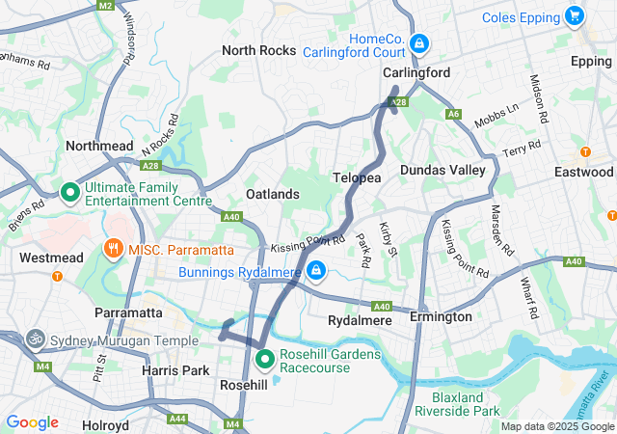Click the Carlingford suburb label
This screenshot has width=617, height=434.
point(416,72)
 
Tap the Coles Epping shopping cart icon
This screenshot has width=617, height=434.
point(576,16)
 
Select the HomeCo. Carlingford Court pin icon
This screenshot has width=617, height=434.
point(418,43)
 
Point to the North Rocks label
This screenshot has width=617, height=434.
point(258,50)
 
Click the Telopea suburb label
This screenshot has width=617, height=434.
point(357,178)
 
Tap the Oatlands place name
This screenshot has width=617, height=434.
point(273,194)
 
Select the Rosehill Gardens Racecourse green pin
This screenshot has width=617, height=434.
point(265,359)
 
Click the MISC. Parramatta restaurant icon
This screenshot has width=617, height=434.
point(114,250)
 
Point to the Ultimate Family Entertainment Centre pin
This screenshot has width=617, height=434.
point(69,193)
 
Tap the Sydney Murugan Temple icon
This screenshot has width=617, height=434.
point(36,339)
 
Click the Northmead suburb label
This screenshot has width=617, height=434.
point(99,146)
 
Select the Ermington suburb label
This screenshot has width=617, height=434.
point(441,316)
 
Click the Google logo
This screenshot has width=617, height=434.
point(33,422)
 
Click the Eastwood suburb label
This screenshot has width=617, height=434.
point(583,172)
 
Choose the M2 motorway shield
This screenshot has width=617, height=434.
point(105,5)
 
